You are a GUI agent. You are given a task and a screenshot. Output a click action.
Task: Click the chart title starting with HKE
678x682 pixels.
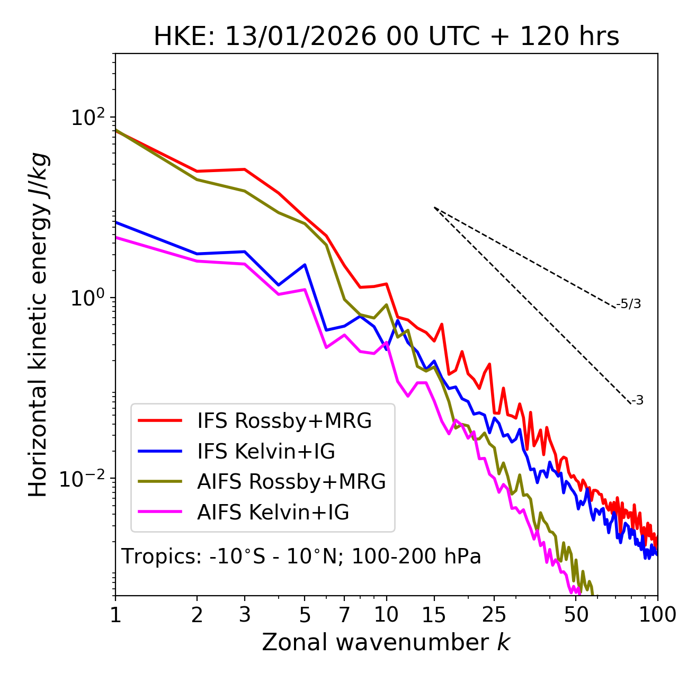(386, 37)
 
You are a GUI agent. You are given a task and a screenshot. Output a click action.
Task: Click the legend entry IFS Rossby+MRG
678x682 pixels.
(284, 420)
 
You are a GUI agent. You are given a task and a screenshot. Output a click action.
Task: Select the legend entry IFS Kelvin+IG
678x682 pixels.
(266, 451)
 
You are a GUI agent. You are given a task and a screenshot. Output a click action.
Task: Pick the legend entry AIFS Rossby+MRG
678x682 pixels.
(291, 481)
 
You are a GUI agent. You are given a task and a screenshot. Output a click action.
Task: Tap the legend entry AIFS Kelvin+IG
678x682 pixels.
(273, 512)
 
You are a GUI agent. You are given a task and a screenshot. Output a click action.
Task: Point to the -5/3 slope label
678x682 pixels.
(629, 304)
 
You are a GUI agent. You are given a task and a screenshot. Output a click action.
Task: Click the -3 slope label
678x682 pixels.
(638, 401)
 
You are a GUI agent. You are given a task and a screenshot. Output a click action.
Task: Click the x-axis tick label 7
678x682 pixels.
(344, 615)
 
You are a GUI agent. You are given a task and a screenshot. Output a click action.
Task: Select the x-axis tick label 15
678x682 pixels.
(434, 615)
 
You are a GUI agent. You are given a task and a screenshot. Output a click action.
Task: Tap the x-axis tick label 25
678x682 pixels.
(494, 615)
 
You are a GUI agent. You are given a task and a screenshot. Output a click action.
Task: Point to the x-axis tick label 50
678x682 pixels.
(576, 615)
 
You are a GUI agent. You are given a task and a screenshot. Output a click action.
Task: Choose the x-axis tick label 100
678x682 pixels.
(657, 615)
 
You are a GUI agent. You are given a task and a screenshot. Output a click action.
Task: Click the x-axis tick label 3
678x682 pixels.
(245, 615)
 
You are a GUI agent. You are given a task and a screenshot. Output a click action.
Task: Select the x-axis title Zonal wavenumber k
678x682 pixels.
(386, 642)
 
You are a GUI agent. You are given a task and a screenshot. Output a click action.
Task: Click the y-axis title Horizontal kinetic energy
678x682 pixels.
(38, 325)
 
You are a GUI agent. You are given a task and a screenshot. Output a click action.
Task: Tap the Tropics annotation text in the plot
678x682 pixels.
(301, 557)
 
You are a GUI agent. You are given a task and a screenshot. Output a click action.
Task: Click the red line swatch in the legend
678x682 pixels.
(160, 420)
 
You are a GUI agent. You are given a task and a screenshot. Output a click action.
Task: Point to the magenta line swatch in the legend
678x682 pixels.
(160, 512)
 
